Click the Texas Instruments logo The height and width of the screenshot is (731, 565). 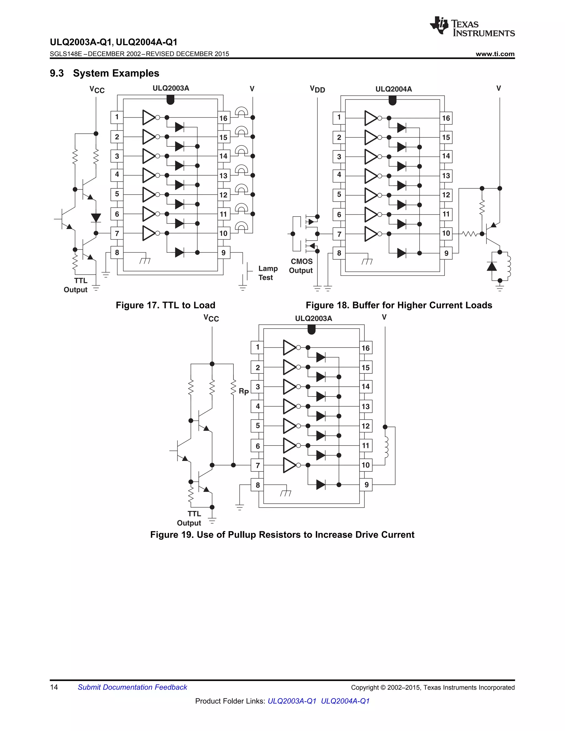coord(472,26)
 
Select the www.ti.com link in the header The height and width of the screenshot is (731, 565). coord(495,54)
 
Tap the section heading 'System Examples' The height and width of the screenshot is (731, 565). coord(116,73)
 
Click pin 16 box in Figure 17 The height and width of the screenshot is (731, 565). coord(223,118)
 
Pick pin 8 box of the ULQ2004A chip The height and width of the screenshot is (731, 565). coord(339,253)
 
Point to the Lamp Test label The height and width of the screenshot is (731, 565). coord(268,273)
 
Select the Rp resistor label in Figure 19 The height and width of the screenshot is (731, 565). coord(243,391)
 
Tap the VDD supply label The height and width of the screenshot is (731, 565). coord(317,89)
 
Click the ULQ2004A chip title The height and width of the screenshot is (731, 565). coord(393,89)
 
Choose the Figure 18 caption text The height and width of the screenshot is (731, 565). coord(399,305)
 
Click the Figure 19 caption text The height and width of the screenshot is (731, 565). coord(282,535)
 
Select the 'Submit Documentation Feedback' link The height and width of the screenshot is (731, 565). coord(132,687)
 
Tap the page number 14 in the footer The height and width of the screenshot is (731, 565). coord(54,687)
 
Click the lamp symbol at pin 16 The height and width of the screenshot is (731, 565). coord(242,111)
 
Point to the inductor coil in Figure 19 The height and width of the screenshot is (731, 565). coord(387,447)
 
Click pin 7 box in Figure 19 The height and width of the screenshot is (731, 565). coord(257,465)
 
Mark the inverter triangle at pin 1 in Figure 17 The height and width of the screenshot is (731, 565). coord(148,118)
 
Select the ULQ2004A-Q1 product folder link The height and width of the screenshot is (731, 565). coord(345,701)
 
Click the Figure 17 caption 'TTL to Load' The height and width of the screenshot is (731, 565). coord(165,305)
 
